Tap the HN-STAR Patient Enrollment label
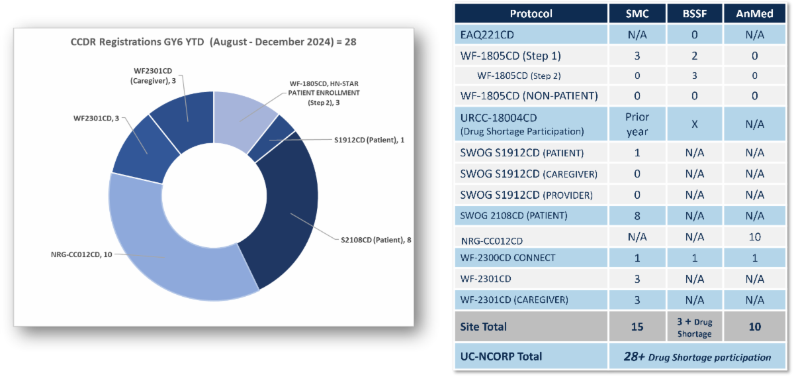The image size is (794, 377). coord(324,93)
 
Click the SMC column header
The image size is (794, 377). coord(637,13)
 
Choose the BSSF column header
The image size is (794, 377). coord(695,13)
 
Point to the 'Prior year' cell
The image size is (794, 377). coord(637,124)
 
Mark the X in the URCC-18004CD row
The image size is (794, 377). coord(695,124)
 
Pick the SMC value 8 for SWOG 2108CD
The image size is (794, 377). coord(637,215)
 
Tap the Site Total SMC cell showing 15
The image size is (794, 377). coord(637,327)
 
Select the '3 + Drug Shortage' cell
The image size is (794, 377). coord(695,327)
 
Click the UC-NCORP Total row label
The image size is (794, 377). coord(501,356)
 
